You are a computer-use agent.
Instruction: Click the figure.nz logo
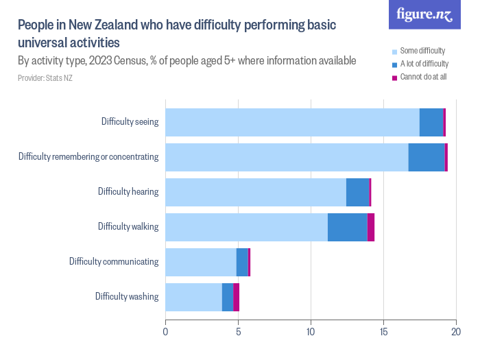click(x=424, y=14)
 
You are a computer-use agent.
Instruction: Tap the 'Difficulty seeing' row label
click(x=130, y=122)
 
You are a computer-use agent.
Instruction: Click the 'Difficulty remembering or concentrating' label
click(x=88, y=157)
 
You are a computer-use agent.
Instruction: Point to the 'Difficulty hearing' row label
click(x=128, y=191)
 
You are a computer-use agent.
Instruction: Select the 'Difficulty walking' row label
click(x=128, y=226)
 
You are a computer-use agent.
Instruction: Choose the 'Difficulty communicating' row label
click(x=114, y=261)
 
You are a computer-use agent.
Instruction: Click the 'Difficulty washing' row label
click(x=127, y=296)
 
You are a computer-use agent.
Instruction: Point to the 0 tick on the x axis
click(x=165, y=332)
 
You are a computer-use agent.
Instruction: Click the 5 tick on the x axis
click(x=238, y=332)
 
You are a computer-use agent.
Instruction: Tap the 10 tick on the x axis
click(x=311, y=332)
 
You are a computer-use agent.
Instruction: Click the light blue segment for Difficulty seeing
click(x=292, y=122)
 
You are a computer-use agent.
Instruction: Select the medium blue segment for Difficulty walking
click(x=347, y=227)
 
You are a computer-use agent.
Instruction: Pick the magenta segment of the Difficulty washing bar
click(x=236, y=297)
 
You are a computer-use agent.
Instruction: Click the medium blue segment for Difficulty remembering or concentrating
click(x=427, y=157)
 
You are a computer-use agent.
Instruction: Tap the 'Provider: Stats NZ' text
click(x=45, y=78)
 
